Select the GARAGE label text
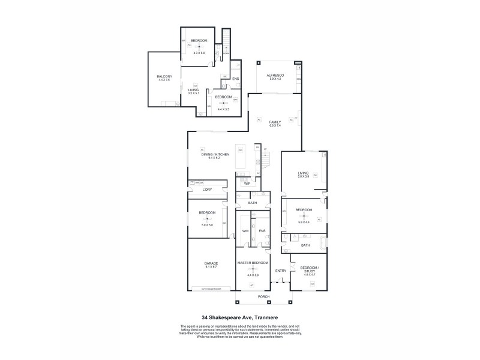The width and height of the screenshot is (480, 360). (x=211, y=263)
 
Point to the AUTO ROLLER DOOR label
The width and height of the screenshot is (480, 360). (x=211, y=289)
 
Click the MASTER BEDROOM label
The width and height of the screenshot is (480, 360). (x=253, y=263)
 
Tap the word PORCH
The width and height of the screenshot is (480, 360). (x=263, y=297)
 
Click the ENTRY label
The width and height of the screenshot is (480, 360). (x=280, y=271)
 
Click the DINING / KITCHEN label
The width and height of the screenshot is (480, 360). (x=214, y=154)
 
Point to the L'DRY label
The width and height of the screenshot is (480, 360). (x=207, y=190)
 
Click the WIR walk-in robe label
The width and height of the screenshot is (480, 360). (x=245, y=230)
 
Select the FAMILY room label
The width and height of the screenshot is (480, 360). (x=275, y=122)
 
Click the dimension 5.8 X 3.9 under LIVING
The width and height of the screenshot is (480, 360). (x=304, y=176)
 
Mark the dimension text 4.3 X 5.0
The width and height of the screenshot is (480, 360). (x=199, y=53)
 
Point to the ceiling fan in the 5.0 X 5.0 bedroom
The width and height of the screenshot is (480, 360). (x=207, y=218)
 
